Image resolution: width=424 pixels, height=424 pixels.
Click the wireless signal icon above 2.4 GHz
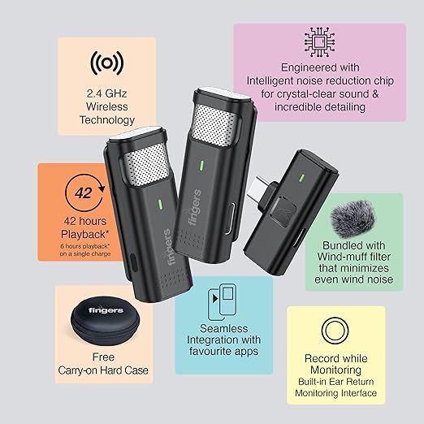click(x=107, y=63)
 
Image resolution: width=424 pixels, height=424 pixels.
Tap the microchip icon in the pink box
click(x=319, y=42)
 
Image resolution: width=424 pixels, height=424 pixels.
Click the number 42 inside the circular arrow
click(x=84, y=193)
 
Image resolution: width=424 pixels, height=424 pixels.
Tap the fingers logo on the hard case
click(x=106, y=309)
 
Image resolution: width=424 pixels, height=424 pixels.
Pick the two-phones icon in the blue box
click(x=222, y=302)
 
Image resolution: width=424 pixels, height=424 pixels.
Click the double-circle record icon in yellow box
click(x=335, y=331)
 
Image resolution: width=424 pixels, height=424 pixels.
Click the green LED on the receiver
click(x=302, y=178)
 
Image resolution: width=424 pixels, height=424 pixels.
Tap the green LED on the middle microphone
click(x=201, y=166)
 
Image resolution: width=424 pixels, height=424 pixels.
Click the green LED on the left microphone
click(x=160, y=205)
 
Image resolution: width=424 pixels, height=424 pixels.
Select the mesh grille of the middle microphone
click(x=214, y=125)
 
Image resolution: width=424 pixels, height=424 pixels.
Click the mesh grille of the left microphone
click(x=146, y=165)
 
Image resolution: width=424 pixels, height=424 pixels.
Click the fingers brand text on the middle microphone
click(x=195, y=207)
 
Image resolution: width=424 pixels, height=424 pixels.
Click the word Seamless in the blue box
click(x=224, y=328)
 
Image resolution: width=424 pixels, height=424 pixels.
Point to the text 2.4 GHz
click(x=106, y=93)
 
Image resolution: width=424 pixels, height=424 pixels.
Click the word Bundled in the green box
click(x=338, y=245)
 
